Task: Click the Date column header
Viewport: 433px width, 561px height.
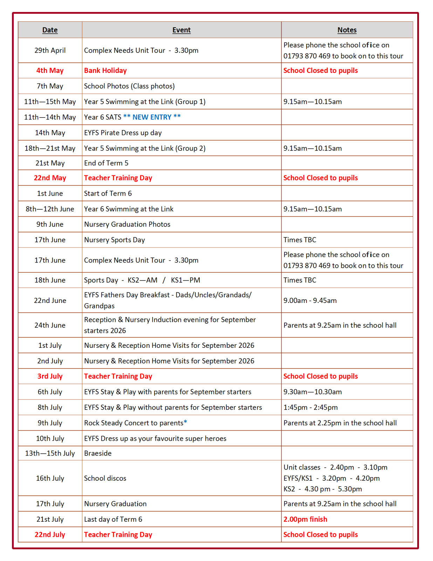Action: tap(50, 30)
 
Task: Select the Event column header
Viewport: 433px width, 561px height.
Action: tap(181, 30)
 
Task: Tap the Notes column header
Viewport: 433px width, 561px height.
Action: tap(347, 30)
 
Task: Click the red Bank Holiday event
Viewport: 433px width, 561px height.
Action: tap(105, 70)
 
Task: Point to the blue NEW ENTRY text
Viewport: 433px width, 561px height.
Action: tap(152, 117)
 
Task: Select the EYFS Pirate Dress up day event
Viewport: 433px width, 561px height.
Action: tap(123, 133)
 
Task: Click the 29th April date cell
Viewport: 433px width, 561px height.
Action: tap(50, 50)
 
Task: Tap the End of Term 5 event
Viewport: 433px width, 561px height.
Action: tap(106, 163)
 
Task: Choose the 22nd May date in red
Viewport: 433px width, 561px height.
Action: tap(50, 178)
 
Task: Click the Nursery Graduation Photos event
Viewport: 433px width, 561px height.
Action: tap(127, 224)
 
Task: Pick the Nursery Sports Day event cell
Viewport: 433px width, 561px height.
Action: tap(114, 240)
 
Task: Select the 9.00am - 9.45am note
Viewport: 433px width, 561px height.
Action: tap(310, 300)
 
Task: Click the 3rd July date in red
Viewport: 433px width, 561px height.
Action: tap(50, 376)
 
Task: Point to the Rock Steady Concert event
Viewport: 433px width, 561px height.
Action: tap(135, 423)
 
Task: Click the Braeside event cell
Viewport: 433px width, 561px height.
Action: tap(98, 453)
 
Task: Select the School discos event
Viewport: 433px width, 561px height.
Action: tap(105, 478)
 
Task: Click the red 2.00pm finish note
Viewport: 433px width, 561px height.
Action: tap(305, 519)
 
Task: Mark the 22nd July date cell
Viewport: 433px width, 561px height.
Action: tap(50, 535)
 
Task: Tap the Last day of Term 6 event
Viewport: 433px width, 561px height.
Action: tap(113, 519)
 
